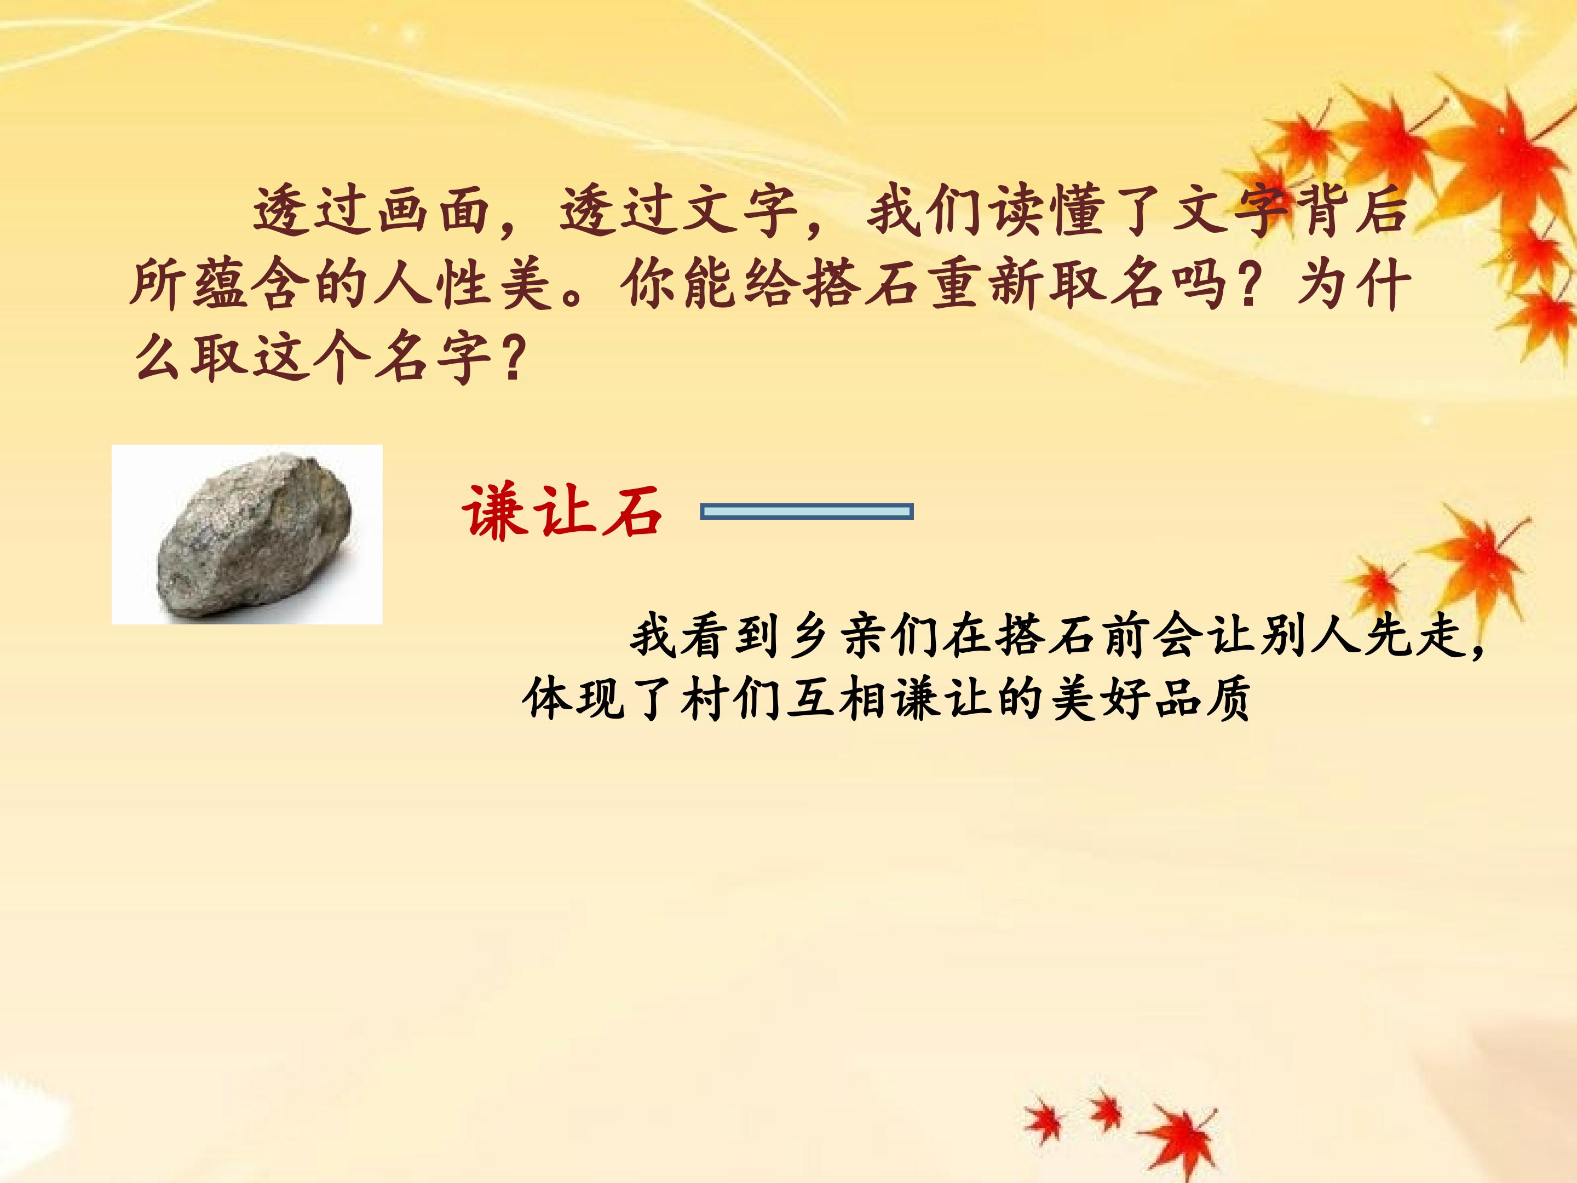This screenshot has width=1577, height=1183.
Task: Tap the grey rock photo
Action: tap(248, 534)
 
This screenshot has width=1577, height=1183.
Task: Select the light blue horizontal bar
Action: tap(807, 512)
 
